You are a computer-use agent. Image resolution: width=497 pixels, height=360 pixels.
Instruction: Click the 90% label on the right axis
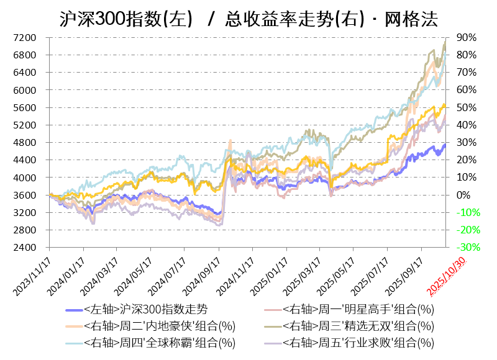(x=466, y=38)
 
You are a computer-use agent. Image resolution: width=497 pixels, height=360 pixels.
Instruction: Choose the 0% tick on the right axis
(x=463, y=195)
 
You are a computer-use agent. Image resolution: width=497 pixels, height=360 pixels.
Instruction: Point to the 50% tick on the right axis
(x=466, y=107)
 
